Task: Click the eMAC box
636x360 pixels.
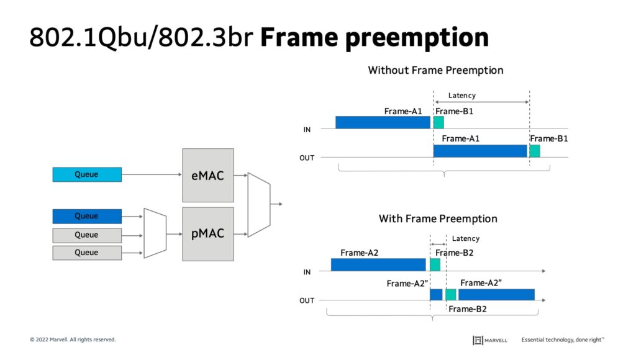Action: (208, 175)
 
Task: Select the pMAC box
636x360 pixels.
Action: (208, 234)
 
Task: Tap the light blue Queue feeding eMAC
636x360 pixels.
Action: (87, 174)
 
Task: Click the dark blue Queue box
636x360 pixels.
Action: (87, 216)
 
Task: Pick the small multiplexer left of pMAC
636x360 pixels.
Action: (155, 233)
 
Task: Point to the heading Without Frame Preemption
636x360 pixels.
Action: (435, 70)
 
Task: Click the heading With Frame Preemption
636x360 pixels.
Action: (438, 218)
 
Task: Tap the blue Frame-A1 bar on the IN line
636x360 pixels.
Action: (383, 122)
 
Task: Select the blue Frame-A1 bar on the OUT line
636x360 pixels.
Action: (480, 151)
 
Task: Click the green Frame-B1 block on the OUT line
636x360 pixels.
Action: (535, 151)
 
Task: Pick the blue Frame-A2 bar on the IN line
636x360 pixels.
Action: (378, 264)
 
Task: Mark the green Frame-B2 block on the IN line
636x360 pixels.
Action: (435, 264)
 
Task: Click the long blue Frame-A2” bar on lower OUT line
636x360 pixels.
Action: (496, 294)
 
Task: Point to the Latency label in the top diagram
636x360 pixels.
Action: (462, 96)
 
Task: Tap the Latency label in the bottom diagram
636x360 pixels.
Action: (466, 238)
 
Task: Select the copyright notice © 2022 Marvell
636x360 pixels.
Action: (73, 340)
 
